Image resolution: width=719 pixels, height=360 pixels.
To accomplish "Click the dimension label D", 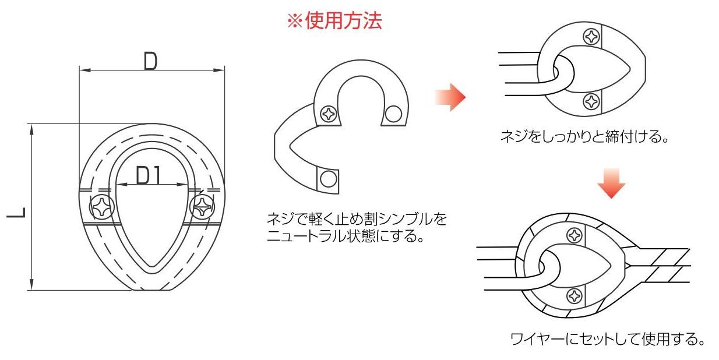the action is click(x=150, y=61).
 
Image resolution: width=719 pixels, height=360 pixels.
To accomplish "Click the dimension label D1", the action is click(x=149, y=175).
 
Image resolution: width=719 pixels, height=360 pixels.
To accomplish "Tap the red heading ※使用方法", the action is click(x=334, y=22).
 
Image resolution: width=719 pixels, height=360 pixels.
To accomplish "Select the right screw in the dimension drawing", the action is click(x=202, y=207).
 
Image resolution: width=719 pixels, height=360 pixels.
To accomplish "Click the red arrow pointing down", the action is click(x=611, y=183).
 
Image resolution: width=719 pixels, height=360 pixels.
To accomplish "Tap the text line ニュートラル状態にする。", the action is click(x=344, y=236).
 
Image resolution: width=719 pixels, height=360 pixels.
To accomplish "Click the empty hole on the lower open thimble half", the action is click(x=329, y=177).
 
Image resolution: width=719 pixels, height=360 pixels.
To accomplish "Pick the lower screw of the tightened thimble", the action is click(x=592, y=101).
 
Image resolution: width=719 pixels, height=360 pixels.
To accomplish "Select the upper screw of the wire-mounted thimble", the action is click(x=575, y=235).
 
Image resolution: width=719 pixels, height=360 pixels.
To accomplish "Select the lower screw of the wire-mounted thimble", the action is click(x=575, y=295).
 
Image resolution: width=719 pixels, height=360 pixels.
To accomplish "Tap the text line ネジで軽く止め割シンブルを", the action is click(x=356, y=220).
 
